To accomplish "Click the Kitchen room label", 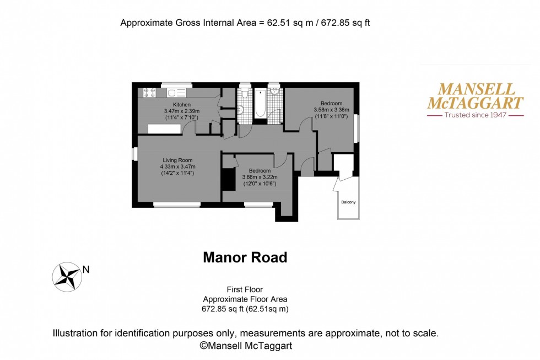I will point(182,105).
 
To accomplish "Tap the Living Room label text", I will point(177,160).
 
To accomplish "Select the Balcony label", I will point(348,202).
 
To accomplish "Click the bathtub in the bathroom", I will point(260,103).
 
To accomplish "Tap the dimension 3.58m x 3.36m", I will point(332,110).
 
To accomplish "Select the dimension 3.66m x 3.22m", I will point(260,177).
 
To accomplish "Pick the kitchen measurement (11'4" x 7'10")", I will point(182,117).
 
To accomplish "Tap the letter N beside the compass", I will point(85,270).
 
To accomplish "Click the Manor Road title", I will point(245,257).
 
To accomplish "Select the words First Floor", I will point(245,289).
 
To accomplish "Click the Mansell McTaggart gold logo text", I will point(475,96).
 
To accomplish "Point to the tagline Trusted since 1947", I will point(475,116).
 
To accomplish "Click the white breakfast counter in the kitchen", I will point(164,128).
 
